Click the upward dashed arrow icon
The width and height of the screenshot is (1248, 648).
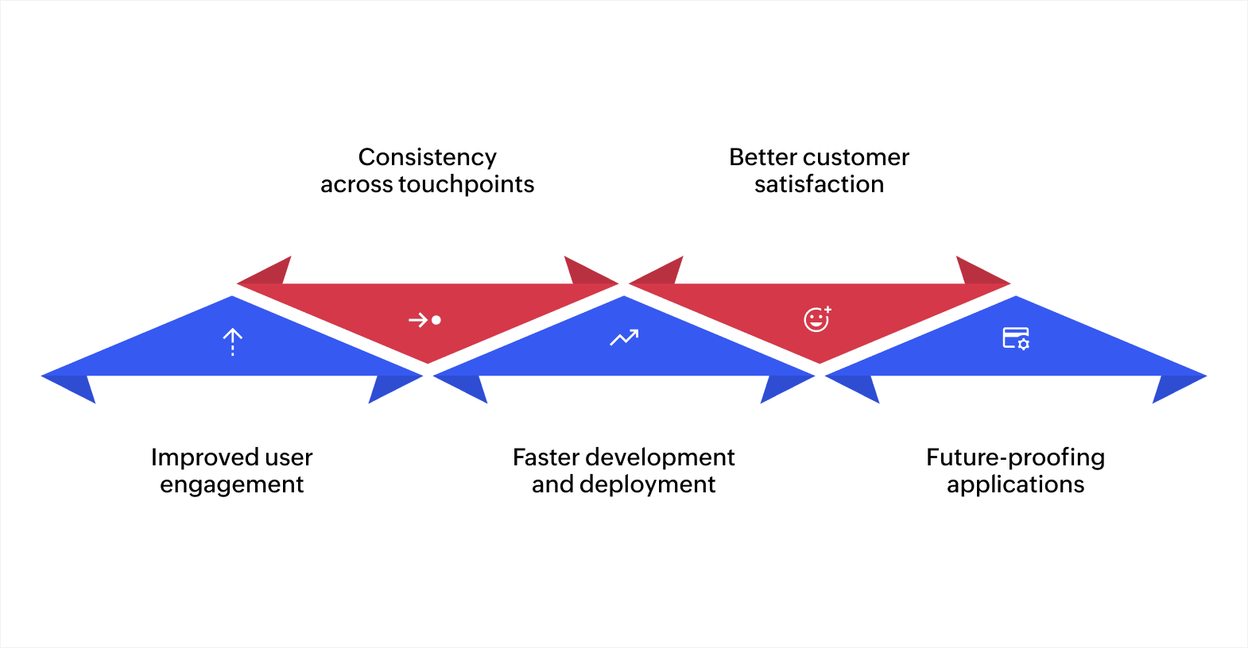[232, 341]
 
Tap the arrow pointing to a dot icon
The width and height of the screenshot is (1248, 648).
[424, 320]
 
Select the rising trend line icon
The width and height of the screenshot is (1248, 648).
[624, 338]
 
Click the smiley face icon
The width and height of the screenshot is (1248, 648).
[817, 319]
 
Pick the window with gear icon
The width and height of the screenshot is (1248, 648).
[1016, 338]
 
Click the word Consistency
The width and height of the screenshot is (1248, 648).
[428, 157]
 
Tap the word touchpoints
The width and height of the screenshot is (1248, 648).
[467, 184]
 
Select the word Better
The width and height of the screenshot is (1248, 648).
[763, 157]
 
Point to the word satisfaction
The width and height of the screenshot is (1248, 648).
[819, 184]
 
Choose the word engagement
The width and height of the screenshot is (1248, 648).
[232, 484]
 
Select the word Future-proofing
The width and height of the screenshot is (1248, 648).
[1015, 457]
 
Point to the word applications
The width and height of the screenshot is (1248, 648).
[1015, 484]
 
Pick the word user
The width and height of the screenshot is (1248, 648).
[289, 457]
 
